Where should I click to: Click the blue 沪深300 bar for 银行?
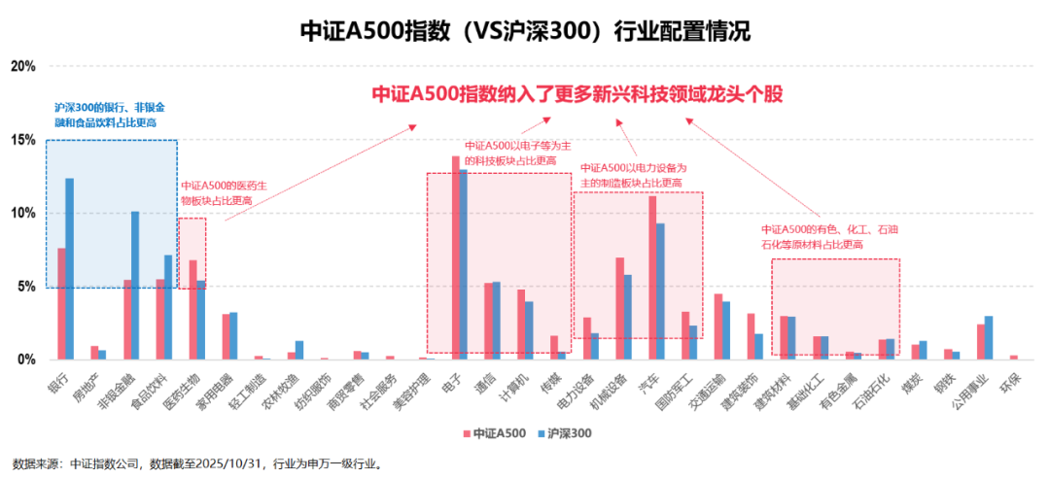[x=70, y=269]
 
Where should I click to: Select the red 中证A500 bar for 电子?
[x=455, y=257]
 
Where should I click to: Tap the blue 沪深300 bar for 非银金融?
[x=135, y=286]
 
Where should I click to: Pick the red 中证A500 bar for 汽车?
[x=652, y=278]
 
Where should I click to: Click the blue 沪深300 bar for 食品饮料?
[x=168, y=307]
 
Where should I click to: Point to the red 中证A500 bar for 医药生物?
[x=192, y=310]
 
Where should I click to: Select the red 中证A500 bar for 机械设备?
[x=619, y=308]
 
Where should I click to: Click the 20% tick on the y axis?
[x=23, y=66]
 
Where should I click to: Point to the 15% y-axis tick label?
[x=23, y=140]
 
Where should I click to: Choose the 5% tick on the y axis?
[x=26, y=287]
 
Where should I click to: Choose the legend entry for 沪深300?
[x=562, y=433]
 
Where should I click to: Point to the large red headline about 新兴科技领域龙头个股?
[x=577, y=94]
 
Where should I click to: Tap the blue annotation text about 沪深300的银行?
[x=110, y=116]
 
